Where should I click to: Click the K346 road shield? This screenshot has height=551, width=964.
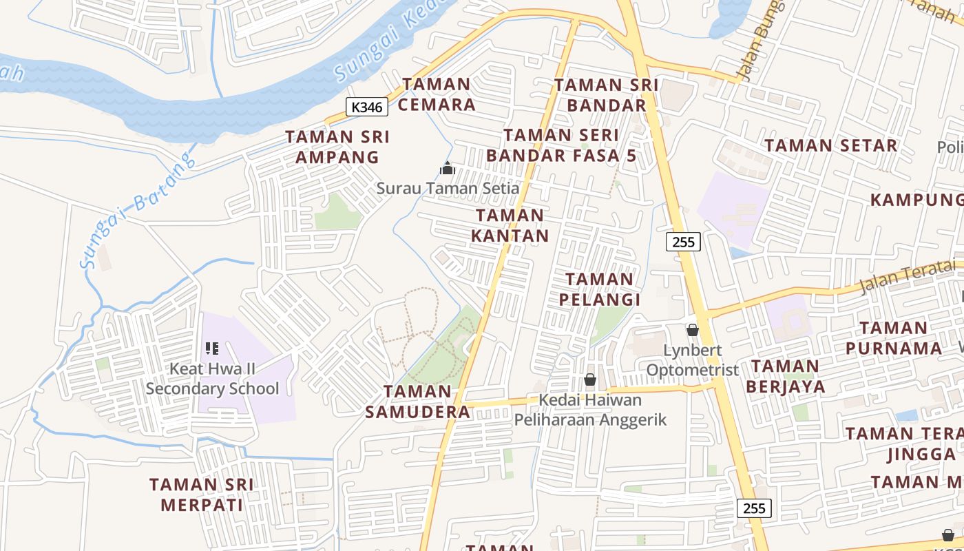pos(367,107)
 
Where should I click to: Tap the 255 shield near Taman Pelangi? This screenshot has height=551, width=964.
pos(683,242)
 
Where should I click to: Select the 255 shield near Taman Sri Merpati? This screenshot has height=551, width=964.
pos(754,508)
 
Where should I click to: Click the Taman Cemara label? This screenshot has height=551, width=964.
pos(437,94)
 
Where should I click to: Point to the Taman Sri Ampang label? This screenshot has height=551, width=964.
pos(337,147)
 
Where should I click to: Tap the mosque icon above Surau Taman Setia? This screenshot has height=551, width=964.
pos(448,168)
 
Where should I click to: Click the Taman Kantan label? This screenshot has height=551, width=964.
pos(510,225)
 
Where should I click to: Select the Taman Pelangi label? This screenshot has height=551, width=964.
pos(599,289)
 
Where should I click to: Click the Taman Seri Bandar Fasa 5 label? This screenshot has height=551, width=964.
pos(561,145)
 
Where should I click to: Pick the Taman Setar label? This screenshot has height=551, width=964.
pos(831,146)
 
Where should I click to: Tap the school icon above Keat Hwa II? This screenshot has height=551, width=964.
pos(212,349)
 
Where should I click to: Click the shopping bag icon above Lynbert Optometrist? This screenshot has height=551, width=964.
pos(692,331)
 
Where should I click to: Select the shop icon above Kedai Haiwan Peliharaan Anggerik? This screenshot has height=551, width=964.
pos(589,380)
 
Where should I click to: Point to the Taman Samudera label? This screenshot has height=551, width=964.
pos(417,402)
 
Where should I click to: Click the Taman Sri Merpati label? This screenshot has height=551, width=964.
pos(202,495)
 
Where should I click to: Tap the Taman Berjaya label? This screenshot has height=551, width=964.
pos(786,376)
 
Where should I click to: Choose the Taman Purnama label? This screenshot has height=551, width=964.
pos(894,337)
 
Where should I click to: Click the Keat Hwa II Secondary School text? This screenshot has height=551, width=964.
pos(212,379)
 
